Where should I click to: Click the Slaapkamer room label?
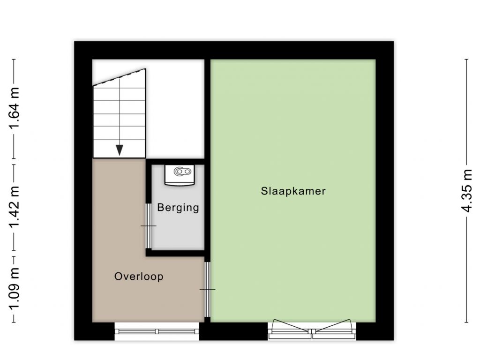point(293,191)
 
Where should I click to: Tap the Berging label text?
point(178,208)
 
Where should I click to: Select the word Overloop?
point(139,277)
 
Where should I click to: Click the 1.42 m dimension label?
point(15,207)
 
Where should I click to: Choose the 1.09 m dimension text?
point(15,289)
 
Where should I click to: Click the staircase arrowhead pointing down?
point(120,150)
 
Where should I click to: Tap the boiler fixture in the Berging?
point(180,175)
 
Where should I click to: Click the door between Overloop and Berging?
point(148,226)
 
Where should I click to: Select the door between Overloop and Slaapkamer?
point(207,289)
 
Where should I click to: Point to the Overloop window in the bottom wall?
point(157,331)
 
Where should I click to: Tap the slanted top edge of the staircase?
point(119,77)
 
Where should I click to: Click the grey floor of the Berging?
point(178,226)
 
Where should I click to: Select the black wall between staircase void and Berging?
point(175,162)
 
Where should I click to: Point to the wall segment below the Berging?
point(175,253)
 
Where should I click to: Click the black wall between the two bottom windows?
point(233,331)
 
